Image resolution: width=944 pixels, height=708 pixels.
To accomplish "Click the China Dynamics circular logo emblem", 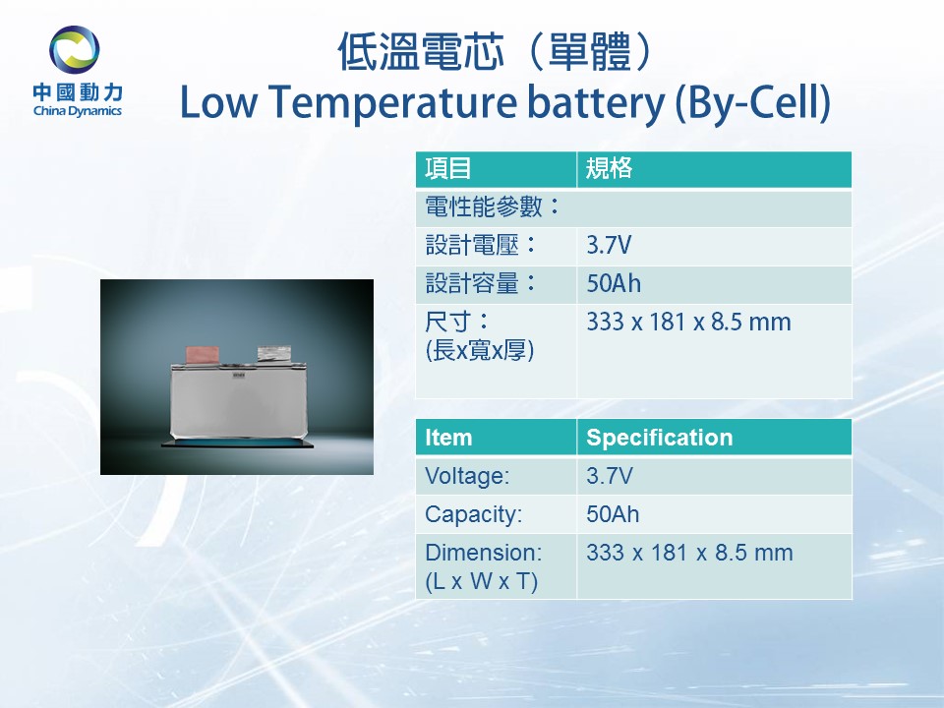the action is coord(74,49).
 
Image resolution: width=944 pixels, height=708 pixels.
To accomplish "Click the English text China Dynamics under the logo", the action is coord(78,111).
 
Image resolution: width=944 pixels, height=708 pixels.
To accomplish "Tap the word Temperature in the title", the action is coord(392,102).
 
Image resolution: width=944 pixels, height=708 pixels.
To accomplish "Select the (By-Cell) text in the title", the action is coord(752,102).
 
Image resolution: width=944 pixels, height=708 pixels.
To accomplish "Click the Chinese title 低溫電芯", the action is coord(421,52).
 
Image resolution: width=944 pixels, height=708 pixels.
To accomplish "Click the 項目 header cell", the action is coord(448,168).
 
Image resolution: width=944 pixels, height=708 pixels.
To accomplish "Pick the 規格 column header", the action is coord(610,168).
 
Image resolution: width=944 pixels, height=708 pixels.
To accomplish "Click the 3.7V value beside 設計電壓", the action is coord(609,246).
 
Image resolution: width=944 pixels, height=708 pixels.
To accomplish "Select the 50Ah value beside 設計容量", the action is coord(614,283).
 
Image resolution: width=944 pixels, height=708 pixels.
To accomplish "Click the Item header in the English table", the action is coord(448,438).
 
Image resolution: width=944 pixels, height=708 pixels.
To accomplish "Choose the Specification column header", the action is coord(659,438).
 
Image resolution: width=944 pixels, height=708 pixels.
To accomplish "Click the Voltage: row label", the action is coord(467,476).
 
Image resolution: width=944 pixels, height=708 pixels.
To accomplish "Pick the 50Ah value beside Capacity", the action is coord(613,514).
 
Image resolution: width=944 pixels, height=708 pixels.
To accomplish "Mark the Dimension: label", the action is coord(484,553).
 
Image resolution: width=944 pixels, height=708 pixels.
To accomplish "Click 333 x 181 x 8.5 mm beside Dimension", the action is coord(689,553).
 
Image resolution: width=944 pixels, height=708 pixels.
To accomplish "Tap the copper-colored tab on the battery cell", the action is coord(205,355).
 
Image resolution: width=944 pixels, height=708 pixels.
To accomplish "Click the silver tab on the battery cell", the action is coord(274,354).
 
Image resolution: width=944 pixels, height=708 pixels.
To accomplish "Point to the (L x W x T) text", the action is coord(481,581).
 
